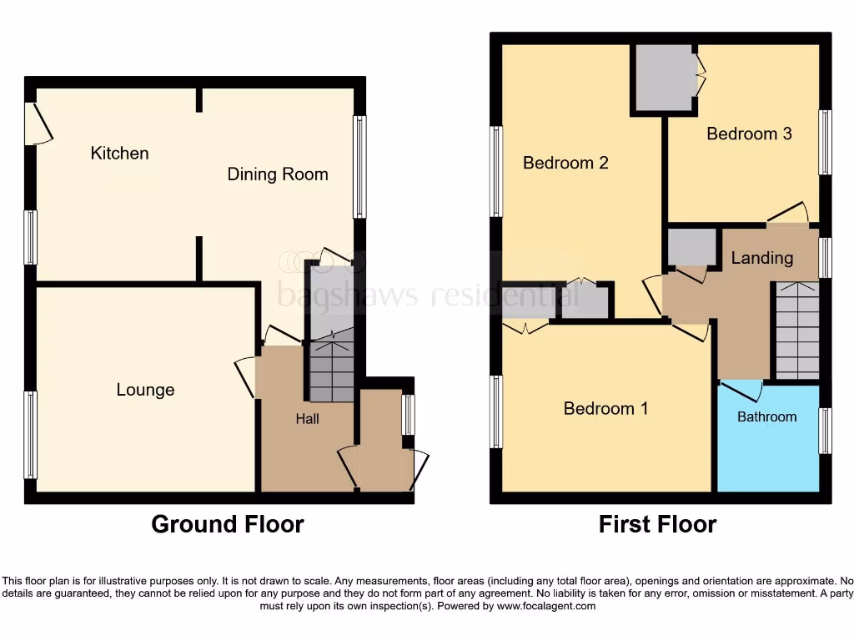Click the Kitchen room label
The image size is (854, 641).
pos(119,154)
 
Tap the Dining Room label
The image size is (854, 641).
pos(278,174)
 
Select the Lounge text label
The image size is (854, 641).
pos(145,390)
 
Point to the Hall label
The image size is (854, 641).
pos(307,419)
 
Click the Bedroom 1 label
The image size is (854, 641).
pos(605,408)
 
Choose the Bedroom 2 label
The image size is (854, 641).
pos(565,163)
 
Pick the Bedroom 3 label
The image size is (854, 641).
pos(749,134)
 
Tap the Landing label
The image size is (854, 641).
pos(761,258)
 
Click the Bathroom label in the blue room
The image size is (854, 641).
pos(766,416)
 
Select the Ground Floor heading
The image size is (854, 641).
pos(227,524)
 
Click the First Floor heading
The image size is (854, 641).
pos(657,524)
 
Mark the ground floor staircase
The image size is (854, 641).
pos(332,367)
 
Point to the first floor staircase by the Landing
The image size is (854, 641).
pos(797,331)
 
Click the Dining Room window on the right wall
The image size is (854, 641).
pos(359,166)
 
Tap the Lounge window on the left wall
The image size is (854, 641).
pos(31,434)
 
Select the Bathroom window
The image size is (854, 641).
pos(825,431)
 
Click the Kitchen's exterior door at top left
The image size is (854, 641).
pos(38,124)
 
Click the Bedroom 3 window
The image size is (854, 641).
pos(825,142)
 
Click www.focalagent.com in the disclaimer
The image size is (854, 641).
pos(545,606)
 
